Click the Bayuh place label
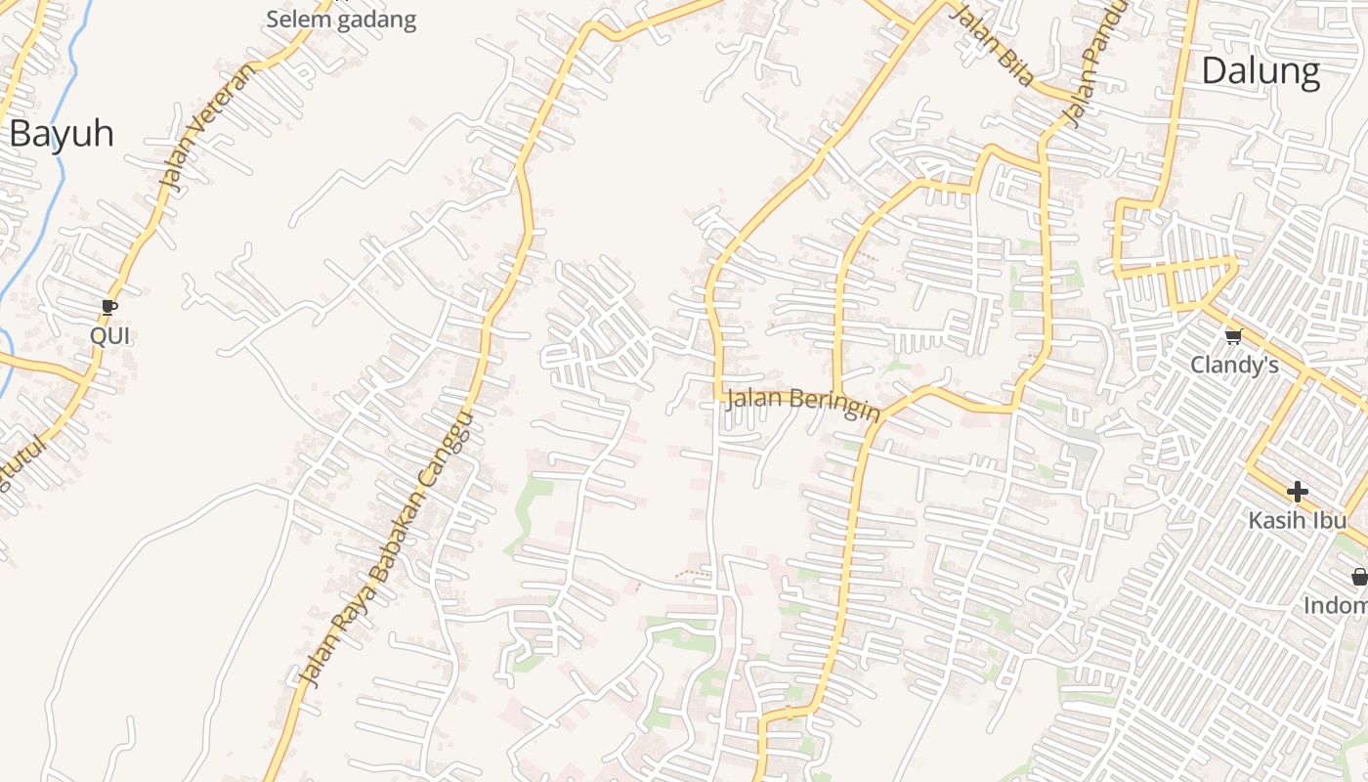coord(62,134)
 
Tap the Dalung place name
coord(1261,71)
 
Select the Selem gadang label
coord(341,20)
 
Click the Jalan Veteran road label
coord(206,124)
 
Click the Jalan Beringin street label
coord(803,403)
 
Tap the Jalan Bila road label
coord(992,45)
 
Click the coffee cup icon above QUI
coord(109,308)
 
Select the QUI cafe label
coord(109,336)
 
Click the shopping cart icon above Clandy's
coord(1233,336)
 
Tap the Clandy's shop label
coord(1234,366)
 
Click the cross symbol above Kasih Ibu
coord(1297,491)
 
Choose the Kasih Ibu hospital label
coord(1297,520)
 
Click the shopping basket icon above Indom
coord(1359,577)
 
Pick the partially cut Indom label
coord(1336,606)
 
